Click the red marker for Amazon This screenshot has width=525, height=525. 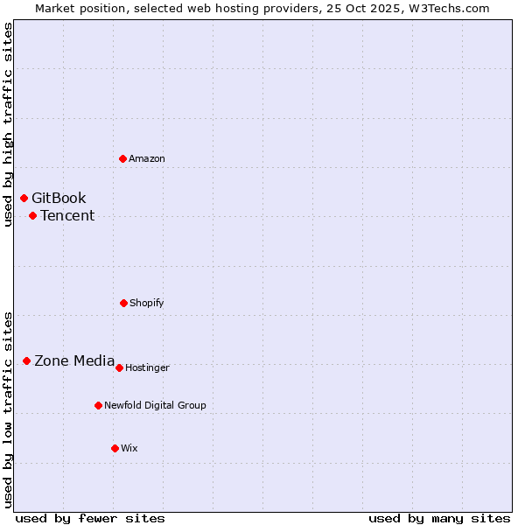click(122, 158)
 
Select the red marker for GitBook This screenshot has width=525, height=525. click(24, 198)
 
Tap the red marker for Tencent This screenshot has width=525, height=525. click(32, 215)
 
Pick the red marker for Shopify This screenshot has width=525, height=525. click(123, 303)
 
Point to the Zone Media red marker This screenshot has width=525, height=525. click(26, 360)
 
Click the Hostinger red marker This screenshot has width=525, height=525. click(119, 367)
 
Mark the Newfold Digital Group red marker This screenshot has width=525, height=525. click(98, 405)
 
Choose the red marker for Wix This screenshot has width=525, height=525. click(115, 448)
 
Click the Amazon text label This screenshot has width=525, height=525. click(147, 158)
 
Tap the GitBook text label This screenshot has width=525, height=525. click(59, 198)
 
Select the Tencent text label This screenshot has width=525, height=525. click(67, 215)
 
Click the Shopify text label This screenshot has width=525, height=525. click(147, 303)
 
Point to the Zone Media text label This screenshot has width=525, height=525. click(74, 360)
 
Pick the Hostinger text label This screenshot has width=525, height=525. click(147, 367)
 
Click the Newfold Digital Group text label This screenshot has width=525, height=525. click(155, 405)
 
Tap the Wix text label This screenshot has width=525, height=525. click(129, 448)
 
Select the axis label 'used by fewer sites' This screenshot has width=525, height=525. click(90, 518)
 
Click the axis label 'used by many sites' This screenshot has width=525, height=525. click(439, 518)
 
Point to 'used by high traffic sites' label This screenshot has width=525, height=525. click(8, 124)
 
